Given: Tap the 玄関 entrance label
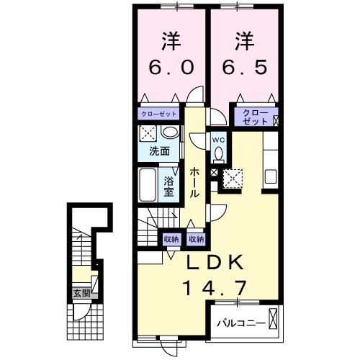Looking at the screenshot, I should click(81, 293).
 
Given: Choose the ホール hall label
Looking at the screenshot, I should click(195, 182).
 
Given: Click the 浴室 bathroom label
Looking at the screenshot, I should click(168, 186).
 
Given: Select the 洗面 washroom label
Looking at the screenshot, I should click(159, 153).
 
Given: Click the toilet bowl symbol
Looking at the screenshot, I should click(218, 153).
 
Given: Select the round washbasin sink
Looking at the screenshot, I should click(169, 132).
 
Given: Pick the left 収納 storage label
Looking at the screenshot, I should click(171, 238).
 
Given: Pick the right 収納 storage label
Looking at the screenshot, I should click(196, 238).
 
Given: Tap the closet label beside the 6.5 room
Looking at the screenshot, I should click(252, 117).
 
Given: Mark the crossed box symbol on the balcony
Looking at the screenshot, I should click(274, 318).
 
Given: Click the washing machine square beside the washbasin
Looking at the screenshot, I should click(148, 133).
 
